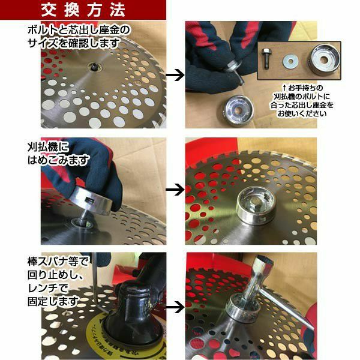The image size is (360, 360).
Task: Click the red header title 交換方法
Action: pyautogui.click(x=83, y=10)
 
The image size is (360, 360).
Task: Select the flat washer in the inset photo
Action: pyautogui.click(x=290, y=62)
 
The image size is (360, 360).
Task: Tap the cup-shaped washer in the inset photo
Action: pyautogui.click(x=324, y=59)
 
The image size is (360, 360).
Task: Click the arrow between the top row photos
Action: pyautogui.click(x=175, y=75)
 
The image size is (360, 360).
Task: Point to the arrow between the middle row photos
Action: pyautogui.click(x=175, y=190)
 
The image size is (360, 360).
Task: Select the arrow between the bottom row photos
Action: pyautogui.click(x=175, y=307)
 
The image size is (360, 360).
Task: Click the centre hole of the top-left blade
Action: pyautogui.click(x=95, y=67)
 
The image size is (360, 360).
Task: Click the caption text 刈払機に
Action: pyautogui.click(x=48, y=147)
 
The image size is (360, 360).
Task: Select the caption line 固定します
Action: pyautogui.click(x=53, y=301)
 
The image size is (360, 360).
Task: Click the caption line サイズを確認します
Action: pyautogui.click(x=73, y=43)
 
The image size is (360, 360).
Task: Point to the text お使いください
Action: pyautogui.click(x=302, y=113)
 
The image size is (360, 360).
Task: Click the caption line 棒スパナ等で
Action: pyautogui.click(x=58, y=262)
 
